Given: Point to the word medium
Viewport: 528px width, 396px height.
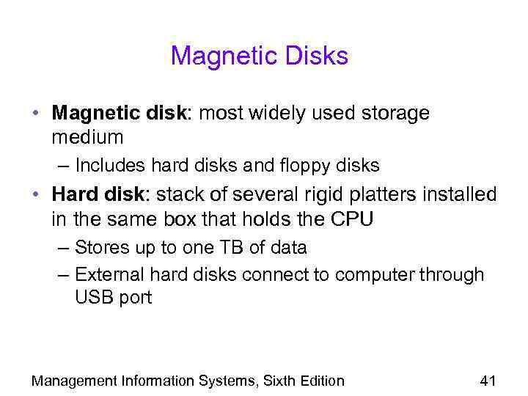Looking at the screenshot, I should pos(88,137).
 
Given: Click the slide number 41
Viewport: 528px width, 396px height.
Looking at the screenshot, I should pos(488,380).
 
